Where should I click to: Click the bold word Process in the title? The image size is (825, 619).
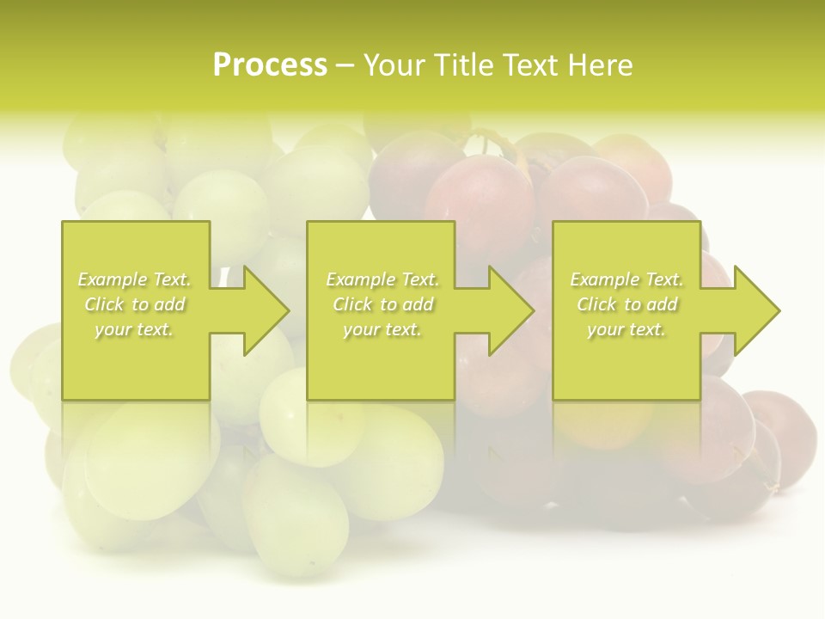270,65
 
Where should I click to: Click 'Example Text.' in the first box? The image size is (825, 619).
134,279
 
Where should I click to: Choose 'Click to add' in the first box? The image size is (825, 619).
134,304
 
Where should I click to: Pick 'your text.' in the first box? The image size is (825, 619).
134,329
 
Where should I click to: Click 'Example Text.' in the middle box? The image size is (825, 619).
382,279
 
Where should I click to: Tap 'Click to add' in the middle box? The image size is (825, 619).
382,304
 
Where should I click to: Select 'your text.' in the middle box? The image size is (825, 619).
382,329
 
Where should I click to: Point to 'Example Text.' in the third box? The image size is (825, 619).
626,279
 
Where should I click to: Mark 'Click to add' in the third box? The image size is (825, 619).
626,304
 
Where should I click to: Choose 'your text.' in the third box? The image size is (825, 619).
626,329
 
